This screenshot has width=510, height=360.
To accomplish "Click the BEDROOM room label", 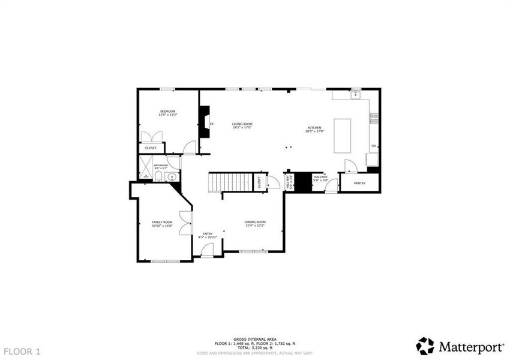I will (167, 112).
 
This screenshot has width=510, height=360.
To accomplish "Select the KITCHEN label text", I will (315, 128).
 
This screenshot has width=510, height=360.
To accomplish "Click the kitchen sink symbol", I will (356, 94).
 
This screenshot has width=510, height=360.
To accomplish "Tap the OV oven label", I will (373, 146).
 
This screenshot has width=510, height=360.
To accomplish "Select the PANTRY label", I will (359, 183).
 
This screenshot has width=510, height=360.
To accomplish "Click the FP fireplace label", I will (211, 124).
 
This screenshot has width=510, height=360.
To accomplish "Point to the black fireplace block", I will (205, 123).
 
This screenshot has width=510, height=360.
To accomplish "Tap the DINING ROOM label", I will (254, 223).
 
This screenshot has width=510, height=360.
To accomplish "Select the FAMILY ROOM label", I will (162, 223).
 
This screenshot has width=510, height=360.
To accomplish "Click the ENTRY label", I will (208, 235).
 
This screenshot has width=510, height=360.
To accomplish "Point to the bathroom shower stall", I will (145, 167).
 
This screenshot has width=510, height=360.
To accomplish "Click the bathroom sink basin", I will (172, 176).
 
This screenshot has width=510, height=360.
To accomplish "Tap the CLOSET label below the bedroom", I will (150, 148).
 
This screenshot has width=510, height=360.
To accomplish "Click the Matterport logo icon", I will (425, 346).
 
